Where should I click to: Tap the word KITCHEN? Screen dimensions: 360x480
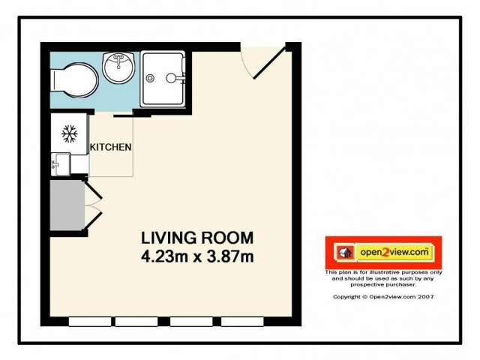[x=111, y=147]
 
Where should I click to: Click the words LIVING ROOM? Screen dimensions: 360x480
[x=197, y=238]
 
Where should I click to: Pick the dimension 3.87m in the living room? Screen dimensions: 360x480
[x=229, y=256]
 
